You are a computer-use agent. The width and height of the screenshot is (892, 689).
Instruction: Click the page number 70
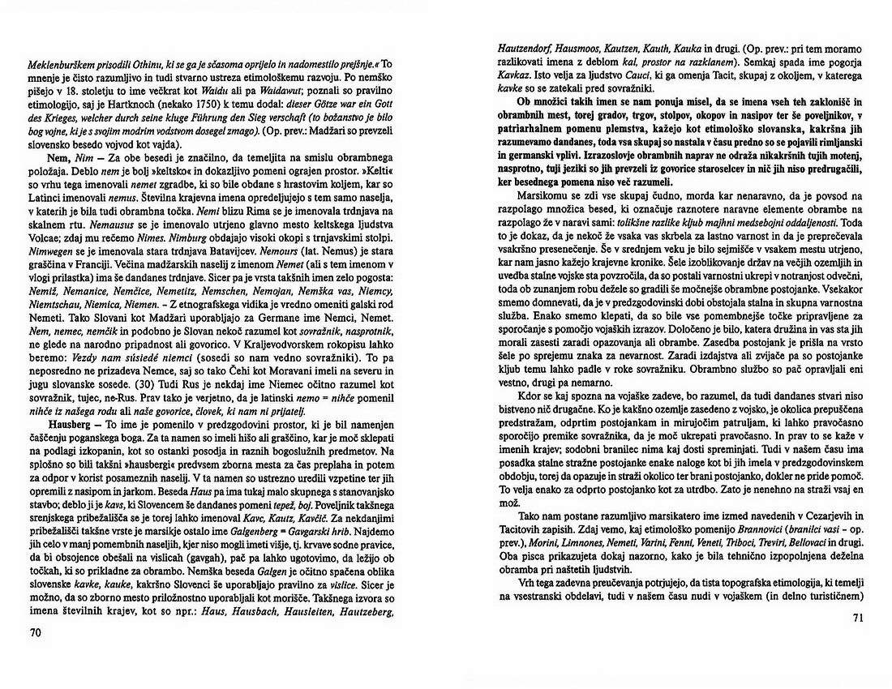tap(33, 632)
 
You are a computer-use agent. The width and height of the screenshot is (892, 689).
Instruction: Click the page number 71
tap(860, 619)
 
